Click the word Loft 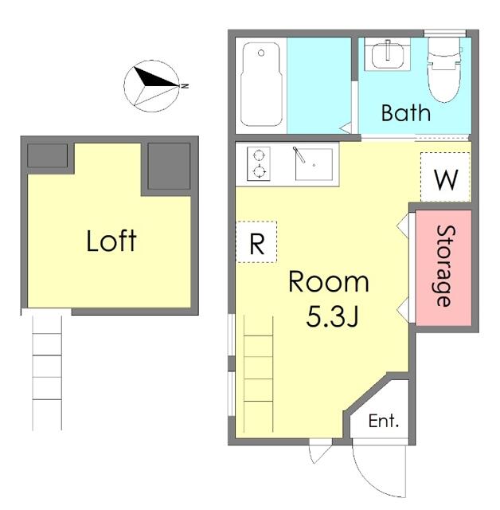111,241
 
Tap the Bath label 406,113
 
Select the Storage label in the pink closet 445,266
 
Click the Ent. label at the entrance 384,422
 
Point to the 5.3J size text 332,317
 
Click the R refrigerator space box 256,242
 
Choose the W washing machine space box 445,177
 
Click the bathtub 261,84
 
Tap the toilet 444,69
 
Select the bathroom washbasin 387,54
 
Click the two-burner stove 259,163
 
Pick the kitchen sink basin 314,164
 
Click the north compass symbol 151,86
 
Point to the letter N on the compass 185,86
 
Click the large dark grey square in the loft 169,166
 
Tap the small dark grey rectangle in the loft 48,156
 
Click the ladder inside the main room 258,374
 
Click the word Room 329,281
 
